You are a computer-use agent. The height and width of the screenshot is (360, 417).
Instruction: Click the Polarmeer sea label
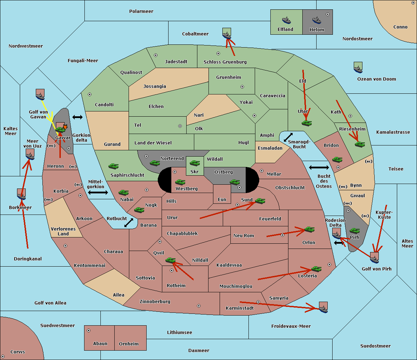point(141,11)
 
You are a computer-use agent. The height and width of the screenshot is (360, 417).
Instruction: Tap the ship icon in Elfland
point(286,20)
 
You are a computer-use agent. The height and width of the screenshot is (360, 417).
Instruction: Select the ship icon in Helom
point(316,20)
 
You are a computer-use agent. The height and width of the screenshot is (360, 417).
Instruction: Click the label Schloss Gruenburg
point(225,62)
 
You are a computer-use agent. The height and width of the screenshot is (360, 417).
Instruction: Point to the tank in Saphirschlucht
point(113,166)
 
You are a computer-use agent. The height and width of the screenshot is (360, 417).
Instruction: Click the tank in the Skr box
point(195,162)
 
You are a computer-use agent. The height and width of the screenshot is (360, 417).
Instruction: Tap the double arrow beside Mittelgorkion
point(98,193)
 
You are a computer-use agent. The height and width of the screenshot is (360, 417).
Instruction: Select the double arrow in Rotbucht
point(129,223)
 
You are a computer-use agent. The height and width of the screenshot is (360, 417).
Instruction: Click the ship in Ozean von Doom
point(358,68)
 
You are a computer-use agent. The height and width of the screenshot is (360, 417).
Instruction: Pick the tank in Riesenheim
point(360,144)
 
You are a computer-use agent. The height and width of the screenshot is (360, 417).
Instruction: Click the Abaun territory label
point(100,344)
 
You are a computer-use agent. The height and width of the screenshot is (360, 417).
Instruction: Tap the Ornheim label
point(129,344)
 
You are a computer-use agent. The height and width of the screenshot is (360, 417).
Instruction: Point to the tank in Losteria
point(316,269)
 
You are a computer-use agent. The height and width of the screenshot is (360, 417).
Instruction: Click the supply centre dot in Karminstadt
point(258,302)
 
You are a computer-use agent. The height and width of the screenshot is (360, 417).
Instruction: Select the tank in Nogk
point(139,210)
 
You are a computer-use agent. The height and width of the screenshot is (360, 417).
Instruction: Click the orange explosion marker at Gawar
point(65,127)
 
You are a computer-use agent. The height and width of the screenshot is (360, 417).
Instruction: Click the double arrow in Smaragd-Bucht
point(288,137)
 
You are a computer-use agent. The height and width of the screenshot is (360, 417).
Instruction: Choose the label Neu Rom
point(244,236)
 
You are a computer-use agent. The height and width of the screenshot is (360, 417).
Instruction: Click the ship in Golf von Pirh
point(374,258)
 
